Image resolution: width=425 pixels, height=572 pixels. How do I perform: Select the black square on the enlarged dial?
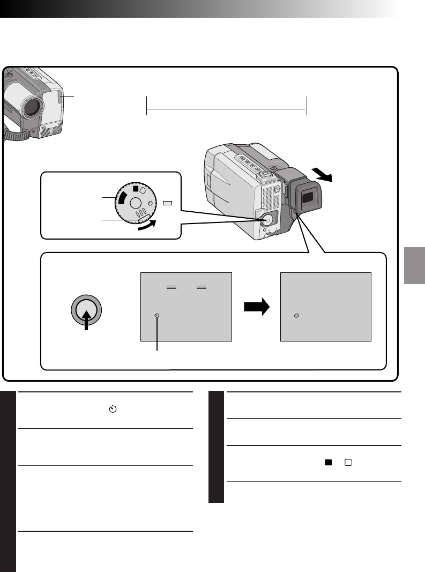coord(136,189)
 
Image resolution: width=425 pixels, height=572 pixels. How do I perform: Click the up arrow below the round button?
coord(86,322)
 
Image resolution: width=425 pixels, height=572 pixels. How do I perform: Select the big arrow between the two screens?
coord(256,308)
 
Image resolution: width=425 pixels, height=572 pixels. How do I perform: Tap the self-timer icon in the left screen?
coord(156,316)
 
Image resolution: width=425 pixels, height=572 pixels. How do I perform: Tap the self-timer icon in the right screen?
coord(296,316)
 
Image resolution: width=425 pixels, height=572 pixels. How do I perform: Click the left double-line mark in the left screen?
coord(172,287)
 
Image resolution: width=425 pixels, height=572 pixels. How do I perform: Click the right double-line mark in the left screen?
coord(202,287)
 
